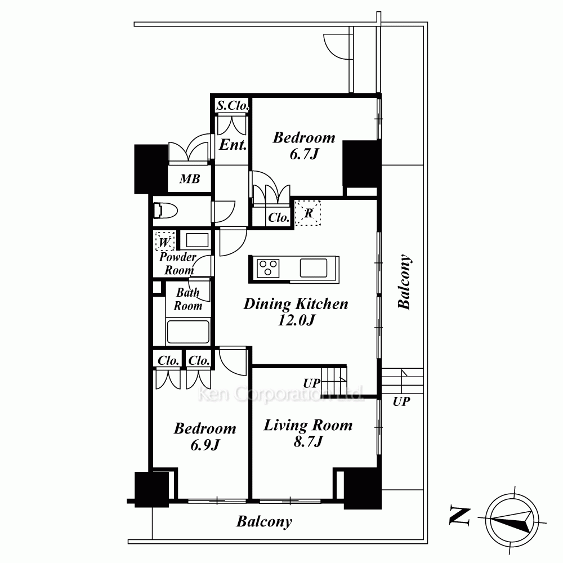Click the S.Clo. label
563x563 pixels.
point(233,105)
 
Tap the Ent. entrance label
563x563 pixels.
point(233,145)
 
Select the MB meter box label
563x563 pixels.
point(190,178)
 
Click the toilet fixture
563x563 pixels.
point(166,211)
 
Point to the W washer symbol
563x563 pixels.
point(165,242)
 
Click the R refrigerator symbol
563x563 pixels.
point(308,213)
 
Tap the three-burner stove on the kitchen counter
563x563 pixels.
point(268,268)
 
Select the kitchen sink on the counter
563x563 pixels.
point(314,268)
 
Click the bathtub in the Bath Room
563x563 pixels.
point(188,332)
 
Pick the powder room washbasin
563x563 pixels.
point(197,240)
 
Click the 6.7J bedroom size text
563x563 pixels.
point(304,154)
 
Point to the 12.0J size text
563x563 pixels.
point(297,320)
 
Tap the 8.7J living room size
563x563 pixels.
point(309,441)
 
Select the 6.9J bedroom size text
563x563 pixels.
point(205,445)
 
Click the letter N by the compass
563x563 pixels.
point(460,516)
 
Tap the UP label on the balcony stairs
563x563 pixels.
point(401,401)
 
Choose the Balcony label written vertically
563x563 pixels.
point(404,282)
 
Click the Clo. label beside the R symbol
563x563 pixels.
point(279,217)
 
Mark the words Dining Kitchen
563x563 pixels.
point(296,304)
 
